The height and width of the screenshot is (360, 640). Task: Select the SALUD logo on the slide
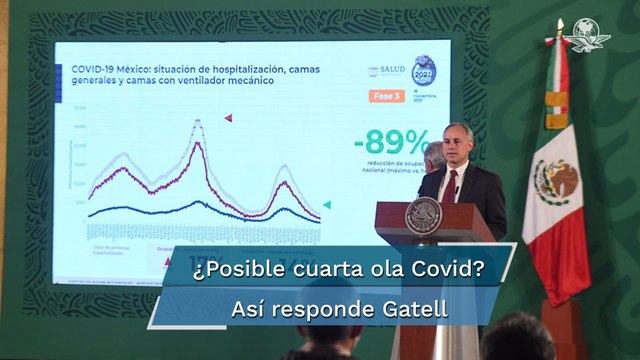pos(386,71)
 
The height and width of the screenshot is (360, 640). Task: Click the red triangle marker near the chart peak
pos(228,118)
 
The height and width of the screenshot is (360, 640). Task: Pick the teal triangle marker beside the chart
pos(326,204)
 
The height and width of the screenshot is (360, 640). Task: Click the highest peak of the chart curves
pos(198,122)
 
